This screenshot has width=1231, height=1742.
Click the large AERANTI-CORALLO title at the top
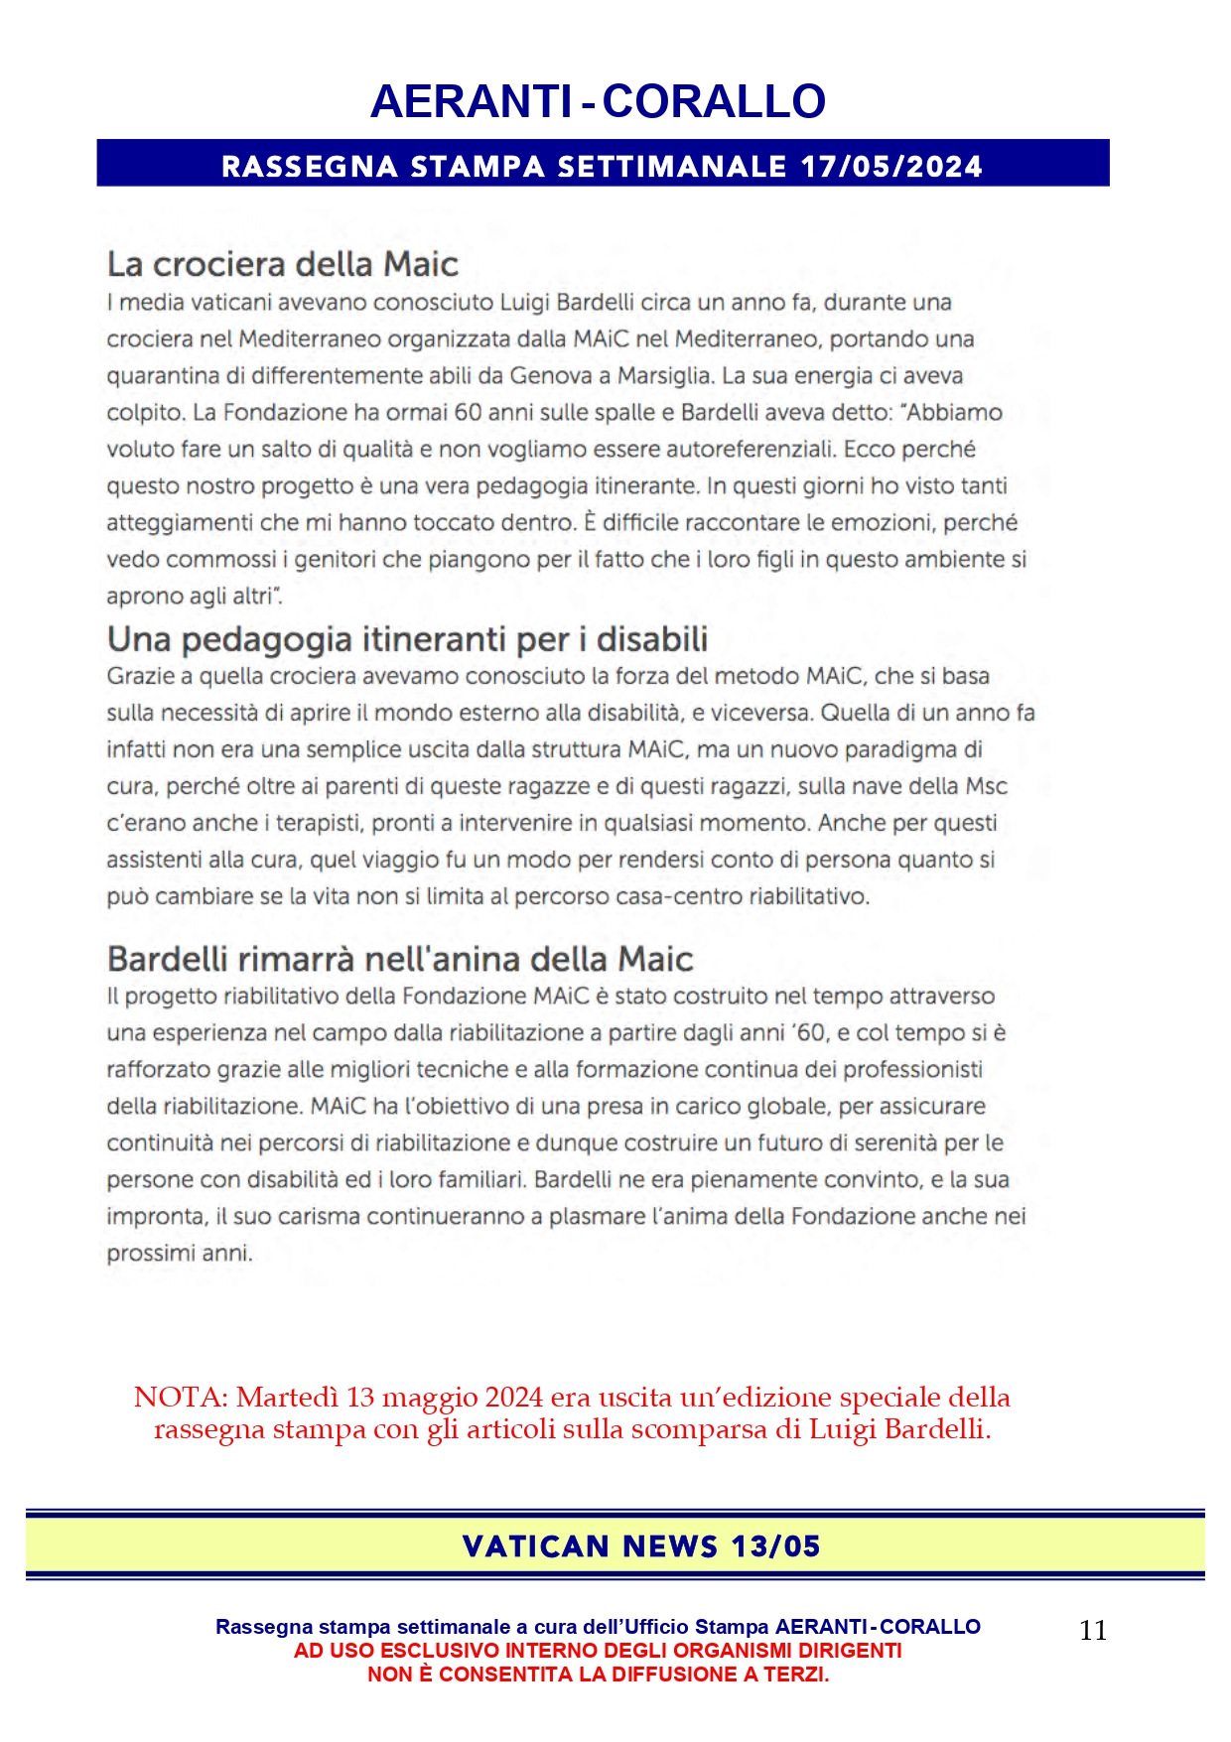tap(598, 101)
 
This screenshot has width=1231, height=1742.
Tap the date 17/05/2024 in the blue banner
tap(891, 166)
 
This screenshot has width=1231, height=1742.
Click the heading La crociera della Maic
tap(282, 264)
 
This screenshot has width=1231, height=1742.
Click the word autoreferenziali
tap(751, 450)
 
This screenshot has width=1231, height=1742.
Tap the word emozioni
tap(884, 523)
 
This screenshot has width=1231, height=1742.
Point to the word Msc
tap(986, 786)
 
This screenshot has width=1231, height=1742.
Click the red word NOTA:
tap(181, 1398)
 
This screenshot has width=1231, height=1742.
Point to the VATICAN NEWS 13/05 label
tap(641, 1546)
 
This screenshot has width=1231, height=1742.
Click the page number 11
tap(1092, 1630)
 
